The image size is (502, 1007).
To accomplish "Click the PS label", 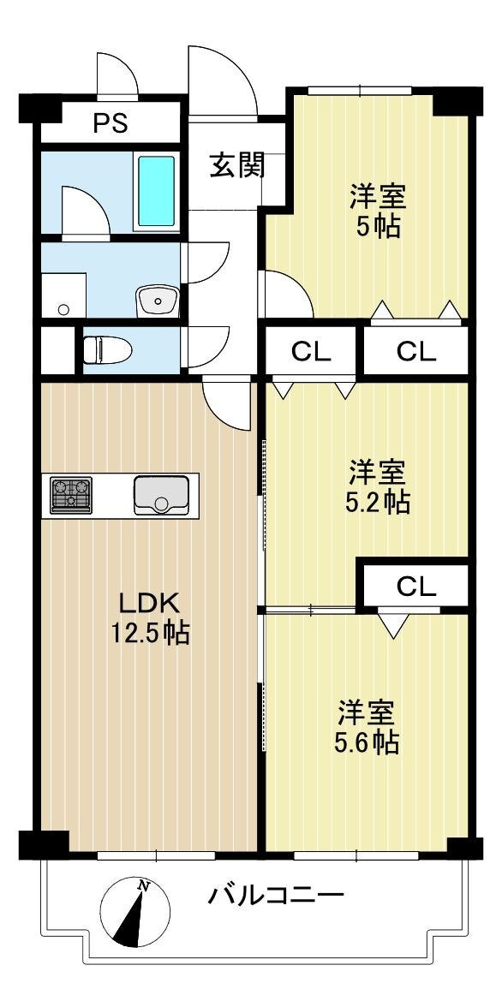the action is pyautogui.click(x=111, y=122).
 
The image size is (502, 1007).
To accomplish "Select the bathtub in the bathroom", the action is pyautogui.click(x=156, y=191).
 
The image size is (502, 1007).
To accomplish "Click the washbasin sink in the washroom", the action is pyautogui.click(x=158, y=301).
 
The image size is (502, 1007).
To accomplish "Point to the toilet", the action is pyautogui.click(x=107, y=350).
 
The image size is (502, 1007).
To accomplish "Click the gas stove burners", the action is pyautogui.click(x=71, y=495).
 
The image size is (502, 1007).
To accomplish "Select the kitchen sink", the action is pyautogui.click(x=161, y=495).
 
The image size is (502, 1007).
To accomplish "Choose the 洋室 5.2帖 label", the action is pyautogui.click(x=377, y=486).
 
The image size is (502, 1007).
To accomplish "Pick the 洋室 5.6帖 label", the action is pyautogui.click(x=367, y=726).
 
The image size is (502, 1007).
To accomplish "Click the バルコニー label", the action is pyautogui.click(x=276, y=895).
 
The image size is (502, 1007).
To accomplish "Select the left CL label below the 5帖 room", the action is pyautogui.click(x=311, y=351).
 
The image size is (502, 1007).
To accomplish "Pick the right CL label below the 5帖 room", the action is pyautogui.click(x=415, y=351).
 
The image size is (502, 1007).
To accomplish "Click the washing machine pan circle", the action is pyautogui.click(x=63, y=310).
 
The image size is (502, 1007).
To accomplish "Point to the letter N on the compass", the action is pyautogui.click(x=144, y=887).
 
